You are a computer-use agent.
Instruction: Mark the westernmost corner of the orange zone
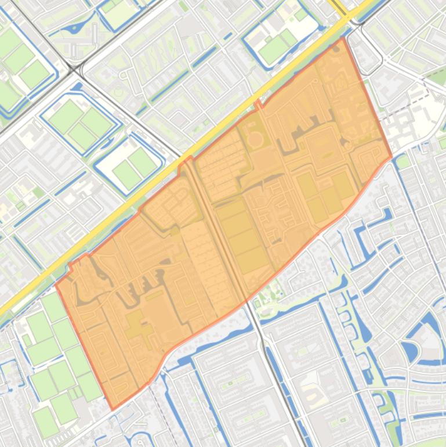coord(56,285)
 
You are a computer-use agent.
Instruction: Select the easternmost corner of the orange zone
coord(391,156)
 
